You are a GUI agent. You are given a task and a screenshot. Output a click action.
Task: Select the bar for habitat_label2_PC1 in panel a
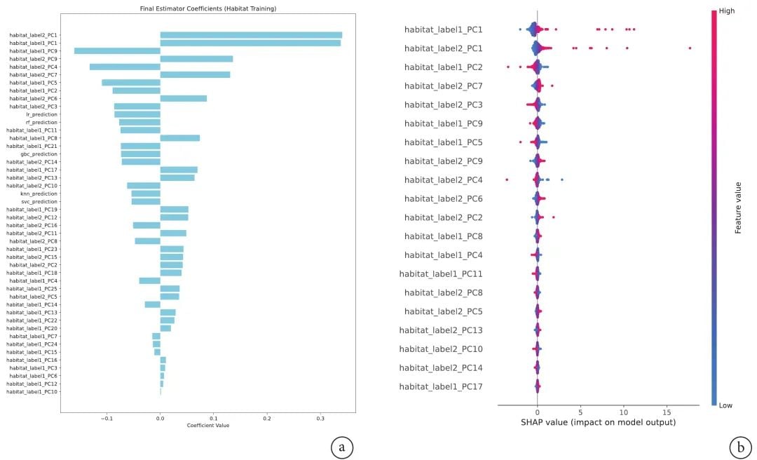251,35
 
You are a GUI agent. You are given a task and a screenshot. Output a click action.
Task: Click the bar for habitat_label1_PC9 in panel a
117,50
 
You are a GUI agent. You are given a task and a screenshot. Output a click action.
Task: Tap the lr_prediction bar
137,114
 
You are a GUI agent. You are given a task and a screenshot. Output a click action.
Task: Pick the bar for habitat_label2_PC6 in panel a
184,98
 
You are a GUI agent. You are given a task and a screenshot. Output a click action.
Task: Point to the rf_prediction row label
42,122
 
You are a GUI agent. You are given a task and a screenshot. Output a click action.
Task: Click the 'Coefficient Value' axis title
208,426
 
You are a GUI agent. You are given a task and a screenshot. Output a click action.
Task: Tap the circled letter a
341,446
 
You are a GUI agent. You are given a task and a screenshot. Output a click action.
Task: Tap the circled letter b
741,446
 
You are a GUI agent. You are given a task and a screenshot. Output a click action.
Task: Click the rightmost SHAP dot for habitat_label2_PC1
690,48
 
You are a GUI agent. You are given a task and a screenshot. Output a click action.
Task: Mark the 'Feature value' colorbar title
737,207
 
